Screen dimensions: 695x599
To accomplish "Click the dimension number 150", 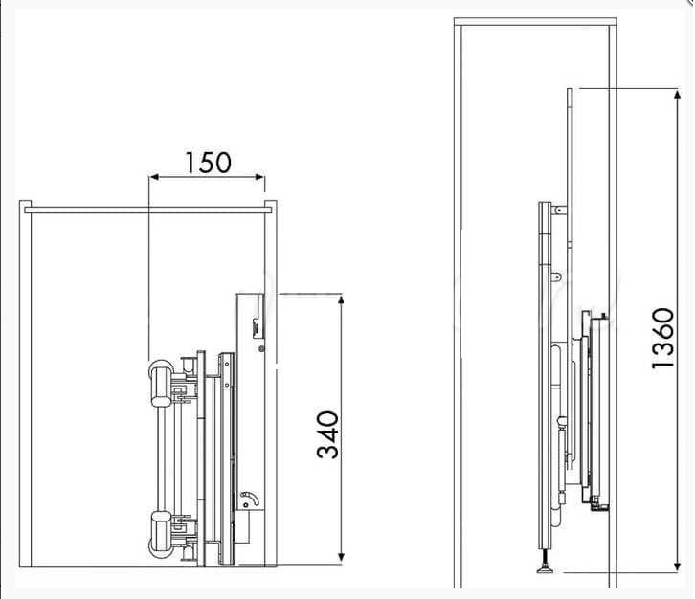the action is [208, 163].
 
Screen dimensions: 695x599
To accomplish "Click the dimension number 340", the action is [328, 434].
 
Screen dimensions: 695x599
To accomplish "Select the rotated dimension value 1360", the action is [663, 338].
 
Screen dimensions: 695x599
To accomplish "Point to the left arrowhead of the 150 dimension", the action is [154, 178].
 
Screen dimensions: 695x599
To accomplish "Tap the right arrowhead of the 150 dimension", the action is [260, 178].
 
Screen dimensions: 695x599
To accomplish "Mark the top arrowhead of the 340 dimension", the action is [341, 300].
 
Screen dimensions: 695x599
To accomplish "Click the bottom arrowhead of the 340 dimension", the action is [341, 557].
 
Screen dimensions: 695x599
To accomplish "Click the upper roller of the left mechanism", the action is [161, 384].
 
